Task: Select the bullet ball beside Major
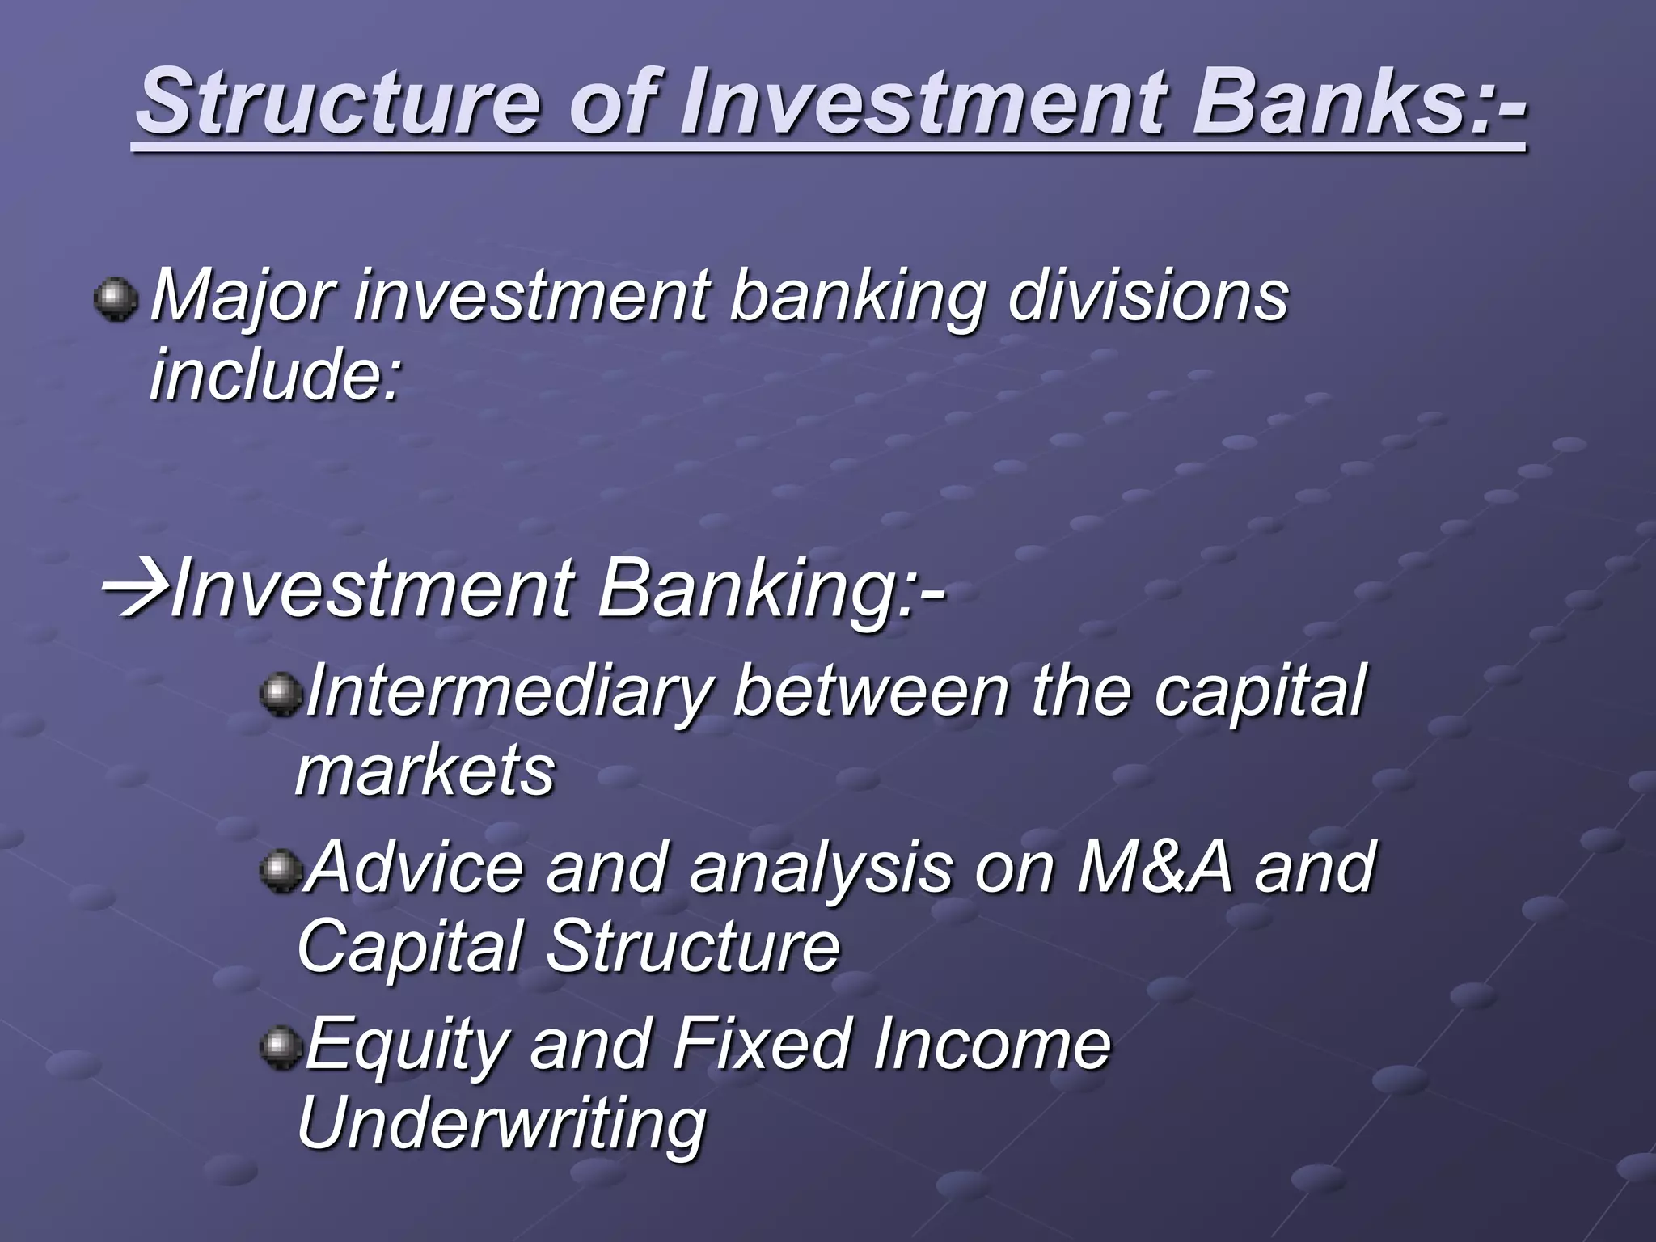pos(116,299)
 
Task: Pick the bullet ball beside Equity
pos(280,1048)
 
